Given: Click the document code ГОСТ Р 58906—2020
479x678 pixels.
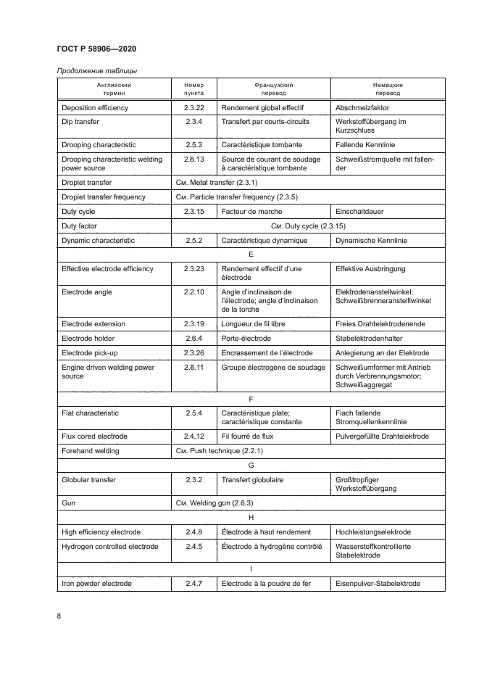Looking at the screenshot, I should pos(96,49).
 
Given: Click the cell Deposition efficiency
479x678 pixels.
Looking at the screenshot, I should pos(96,107).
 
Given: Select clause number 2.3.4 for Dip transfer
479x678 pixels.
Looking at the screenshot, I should pos(194,122).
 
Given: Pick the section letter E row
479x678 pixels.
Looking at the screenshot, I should pos(250,255).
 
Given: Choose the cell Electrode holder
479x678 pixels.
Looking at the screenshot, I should pos(88,338).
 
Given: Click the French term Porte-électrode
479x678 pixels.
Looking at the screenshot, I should pos(246,338).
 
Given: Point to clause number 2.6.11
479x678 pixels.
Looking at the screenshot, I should pos(194,368).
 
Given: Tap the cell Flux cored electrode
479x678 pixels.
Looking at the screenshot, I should pos(94,436).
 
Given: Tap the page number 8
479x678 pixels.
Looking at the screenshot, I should pos(59,616).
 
